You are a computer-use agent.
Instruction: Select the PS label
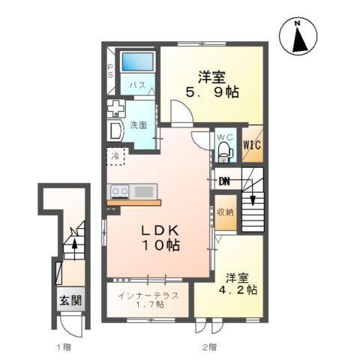point(109,73)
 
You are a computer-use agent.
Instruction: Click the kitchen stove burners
point(119,191)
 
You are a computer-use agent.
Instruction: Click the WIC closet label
point(251,145)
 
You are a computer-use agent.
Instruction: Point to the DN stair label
point(224,181)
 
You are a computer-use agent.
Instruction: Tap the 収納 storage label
point(225,212)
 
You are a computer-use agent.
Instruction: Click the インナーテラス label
point(148,295)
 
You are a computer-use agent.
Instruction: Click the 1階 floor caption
point(64,347)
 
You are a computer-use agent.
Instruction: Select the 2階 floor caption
point(209,347)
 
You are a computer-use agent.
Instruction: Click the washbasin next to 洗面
point(116,132)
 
